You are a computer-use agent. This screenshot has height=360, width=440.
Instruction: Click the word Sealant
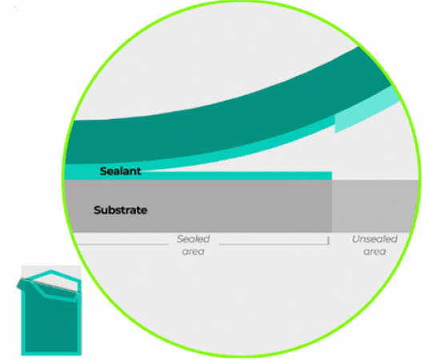[120, 171]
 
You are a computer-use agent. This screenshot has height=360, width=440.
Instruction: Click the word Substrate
[120, 210]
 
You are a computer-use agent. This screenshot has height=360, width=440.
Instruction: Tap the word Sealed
[194, 239]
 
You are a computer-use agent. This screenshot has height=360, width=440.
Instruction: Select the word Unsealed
[374, 239]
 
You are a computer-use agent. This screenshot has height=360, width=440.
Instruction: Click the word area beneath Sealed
[194, 252]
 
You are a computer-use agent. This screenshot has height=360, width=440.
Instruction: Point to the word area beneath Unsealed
[374, 252]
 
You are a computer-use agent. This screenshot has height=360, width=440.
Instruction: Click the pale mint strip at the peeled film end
[365, 111]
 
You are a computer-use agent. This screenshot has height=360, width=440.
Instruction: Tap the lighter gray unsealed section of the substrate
[375, 206]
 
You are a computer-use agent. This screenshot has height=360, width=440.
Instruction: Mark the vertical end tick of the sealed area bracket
[328, 241]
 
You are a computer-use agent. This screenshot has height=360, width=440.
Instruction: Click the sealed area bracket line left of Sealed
[122, 244]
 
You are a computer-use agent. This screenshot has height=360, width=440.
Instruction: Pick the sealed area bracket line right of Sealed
[274, 244]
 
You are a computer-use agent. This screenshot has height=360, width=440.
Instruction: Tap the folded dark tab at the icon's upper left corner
[22, 284]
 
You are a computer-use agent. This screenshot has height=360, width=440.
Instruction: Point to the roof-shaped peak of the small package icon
[51, 271]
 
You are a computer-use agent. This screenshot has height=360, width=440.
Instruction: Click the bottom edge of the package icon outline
[51, 354]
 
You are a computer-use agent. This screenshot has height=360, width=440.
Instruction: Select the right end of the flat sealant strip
[332, 176]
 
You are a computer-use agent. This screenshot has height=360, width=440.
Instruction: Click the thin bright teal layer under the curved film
[197, 157]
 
